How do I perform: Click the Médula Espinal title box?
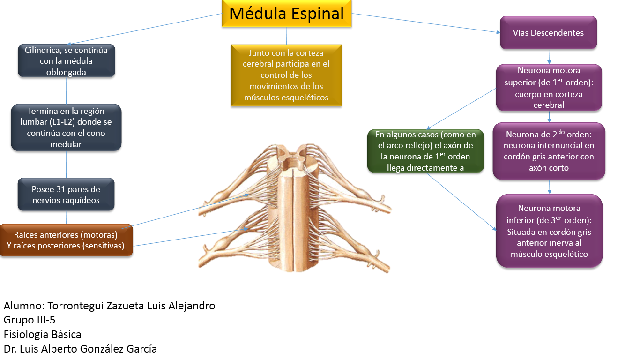(286, 14)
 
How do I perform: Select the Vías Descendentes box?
(548, 33)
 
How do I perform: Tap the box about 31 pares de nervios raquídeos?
(66, 195)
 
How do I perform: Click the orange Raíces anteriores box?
(66, 240)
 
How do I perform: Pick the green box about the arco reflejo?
(425, 151)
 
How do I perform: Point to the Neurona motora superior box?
(549, 88)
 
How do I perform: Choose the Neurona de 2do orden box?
(549, 151)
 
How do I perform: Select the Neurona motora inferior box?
(549, 231)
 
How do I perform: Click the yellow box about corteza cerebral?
(286, 75)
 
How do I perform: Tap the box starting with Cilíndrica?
(66, 61)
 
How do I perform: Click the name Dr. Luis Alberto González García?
(80, 349)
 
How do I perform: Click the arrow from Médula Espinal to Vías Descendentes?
(426, 23)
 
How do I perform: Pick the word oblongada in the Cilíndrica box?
(66, 72)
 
